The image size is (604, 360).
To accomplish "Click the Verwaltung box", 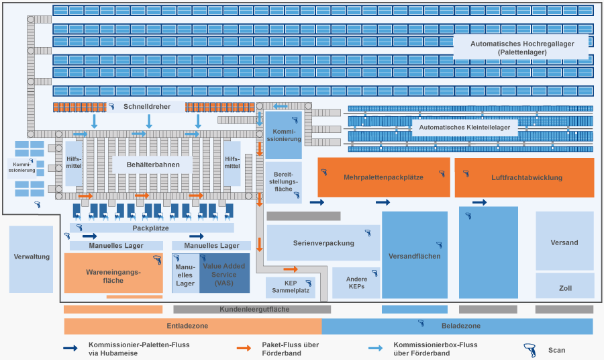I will click(x=31, y=258).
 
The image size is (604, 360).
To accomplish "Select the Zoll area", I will click(x=565, y=288).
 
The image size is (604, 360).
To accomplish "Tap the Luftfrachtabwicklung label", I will click(x=526, y=178).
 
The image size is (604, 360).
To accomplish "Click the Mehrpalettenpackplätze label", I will click(x=383, y=178).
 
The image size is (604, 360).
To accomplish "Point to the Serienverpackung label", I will click(x=323, y=242).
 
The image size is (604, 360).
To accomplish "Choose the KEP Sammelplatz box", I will click(x=290, y=287).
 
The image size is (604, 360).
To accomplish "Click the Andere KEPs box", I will click(x=356, y=283).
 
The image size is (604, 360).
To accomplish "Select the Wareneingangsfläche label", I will click(x=113, y=275).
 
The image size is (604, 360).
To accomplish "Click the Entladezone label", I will click(x=187, y=326).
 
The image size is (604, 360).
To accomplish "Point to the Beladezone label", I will click(x=460, y=326).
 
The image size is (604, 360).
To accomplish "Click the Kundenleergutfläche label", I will click(x=254, y=310).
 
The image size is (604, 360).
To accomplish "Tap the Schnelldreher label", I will click(x=147, y=107).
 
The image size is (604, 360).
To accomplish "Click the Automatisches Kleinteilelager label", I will click(x=464, y=127).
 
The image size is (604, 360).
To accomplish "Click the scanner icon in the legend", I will click(x=529, y=349).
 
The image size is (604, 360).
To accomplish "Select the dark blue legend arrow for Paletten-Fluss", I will click(x=70, y=349).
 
